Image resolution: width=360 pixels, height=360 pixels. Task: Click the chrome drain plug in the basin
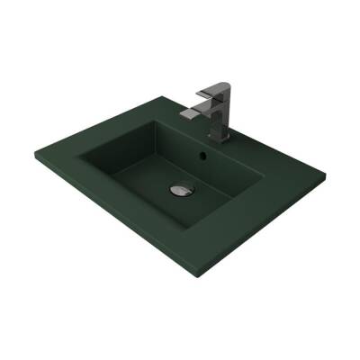179,190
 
